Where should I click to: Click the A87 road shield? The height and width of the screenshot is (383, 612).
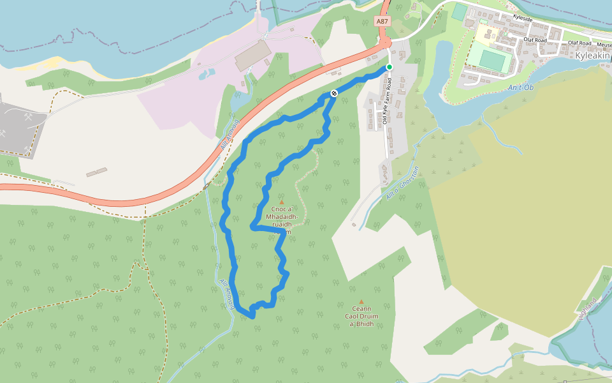tap(382, 21)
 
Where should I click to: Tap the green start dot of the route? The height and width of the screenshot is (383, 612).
tap(390, 67)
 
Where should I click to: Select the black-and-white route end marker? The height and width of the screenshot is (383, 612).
tap(333, 94)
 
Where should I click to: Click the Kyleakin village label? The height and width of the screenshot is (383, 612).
tap(593, 56)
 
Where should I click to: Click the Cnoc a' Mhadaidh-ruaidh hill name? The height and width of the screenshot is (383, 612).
tap(281, 217)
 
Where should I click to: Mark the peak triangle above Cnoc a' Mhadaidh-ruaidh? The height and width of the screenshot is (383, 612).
tap(281, 202)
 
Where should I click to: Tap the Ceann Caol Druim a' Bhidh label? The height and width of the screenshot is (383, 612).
tap(361, 316)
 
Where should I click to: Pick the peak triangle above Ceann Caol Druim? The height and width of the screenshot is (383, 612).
tap(361, 301)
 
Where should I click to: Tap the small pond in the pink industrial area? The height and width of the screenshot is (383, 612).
tap(207, 74)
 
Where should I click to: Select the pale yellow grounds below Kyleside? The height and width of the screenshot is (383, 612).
tap(483, 33)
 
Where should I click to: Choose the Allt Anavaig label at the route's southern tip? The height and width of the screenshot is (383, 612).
tap(227, 296)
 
